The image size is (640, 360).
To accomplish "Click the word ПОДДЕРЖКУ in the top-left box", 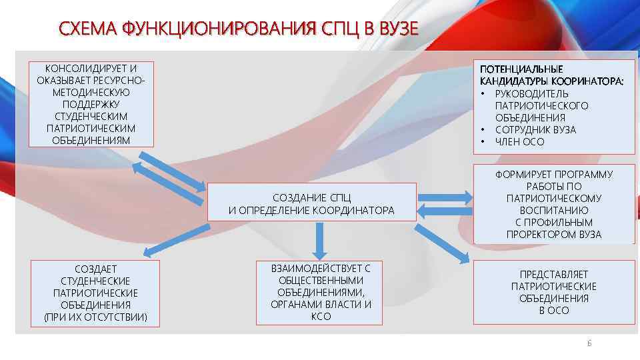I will click(91, 104).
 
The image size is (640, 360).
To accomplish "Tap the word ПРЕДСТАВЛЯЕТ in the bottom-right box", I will click(554, 274).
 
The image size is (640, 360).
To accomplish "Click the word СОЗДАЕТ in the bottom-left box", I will click(95, 269).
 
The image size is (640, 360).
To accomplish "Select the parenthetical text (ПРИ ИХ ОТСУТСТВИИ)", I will click(95, 317).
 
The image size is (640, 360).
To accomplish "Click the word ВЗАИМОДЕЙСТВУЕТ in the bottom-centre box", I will click(321, 268).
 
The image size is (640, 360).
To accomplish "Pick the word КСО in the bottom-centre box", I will click(321, 316).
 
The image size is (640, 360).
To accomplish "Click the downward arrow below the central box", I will click(321, 241).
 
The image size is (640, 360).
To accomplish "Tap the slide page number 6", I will click(589, 343).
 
